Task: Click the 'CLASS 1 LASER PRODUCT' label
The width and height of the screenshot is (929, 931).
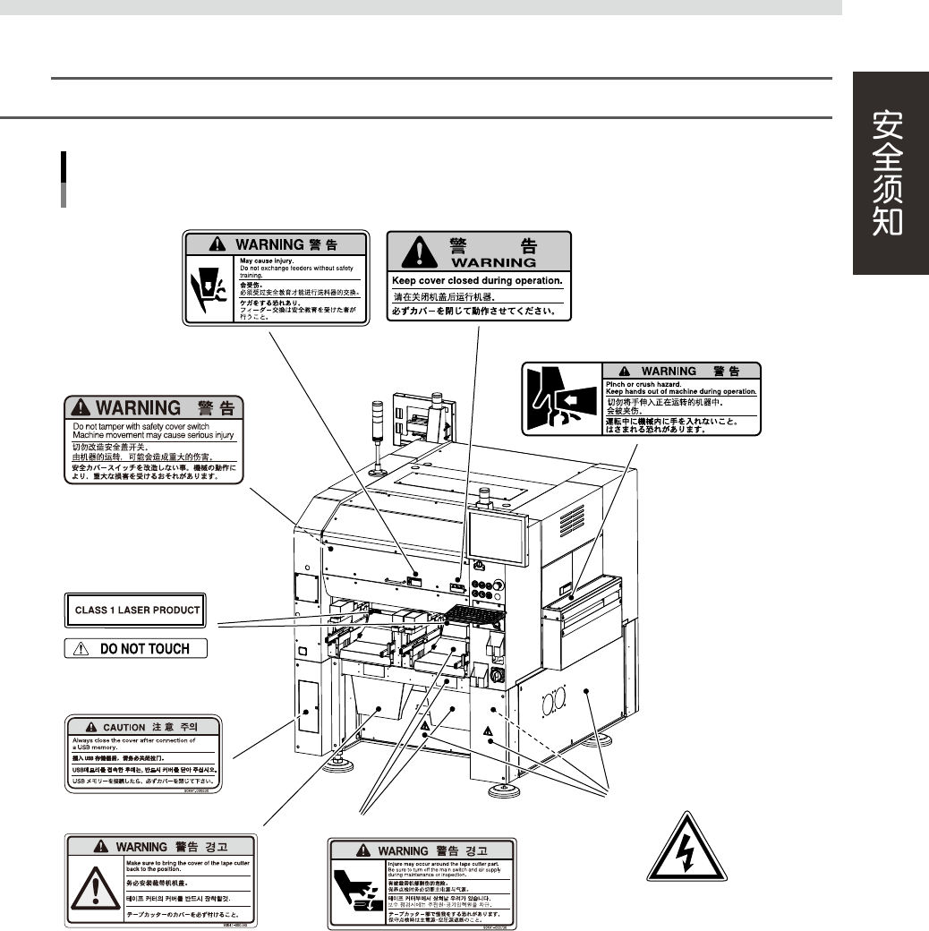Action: tap(136, 611)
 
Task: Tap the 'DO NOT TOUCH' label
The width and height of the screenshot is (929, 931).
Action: tap(136, 649)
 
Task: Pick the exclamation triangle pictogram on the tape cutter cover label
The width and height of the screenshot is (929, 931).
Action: tap(93, 888)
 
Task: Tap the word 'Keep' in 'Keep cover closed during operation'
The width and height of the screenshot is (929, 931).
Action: tap(407, 280)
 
